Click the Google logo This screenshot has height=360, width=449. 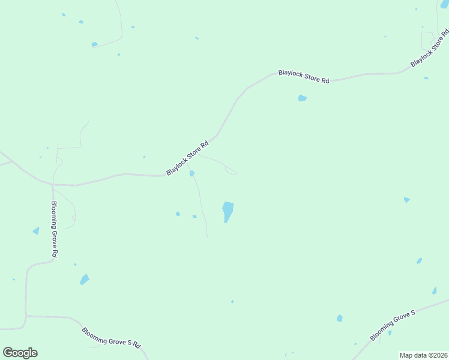[20, 353]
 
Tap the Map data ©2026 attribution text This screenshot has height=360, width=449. [423, 355]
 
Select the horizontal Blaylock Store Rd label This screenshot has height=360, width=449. [304, 76]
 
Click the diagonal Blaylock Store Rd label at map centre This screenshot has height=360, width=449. [188, 157]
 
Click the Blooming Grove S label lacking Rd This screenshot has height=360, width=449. [393, 326]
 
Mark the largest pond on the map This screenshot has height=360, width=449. [228, 211]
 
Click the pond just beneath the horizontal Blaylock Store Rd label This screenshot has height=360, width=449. [303, 98]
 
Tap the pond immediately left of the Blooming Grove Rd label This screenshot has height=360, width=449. [36, 231]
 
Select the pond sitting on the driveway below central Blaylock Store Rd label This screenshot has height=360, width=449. [192, 173]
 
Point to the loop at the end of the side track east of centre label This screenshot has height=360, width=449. [231, 172]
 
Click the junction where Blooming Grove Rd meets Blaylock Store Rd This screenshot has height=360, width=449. [53, 184]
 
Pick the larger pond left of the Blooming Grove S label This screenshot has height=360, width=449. [340, 318]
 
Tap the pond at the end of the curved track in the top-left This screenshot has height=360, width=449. [94, 44]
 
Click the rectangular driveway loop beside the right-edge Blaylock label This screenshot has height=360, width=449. [428, 41]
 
